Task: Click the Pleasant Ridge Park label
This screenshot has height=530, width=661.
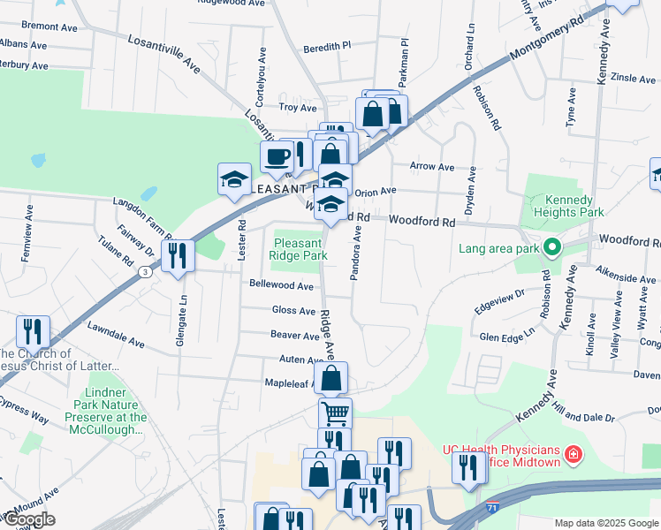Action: coord(300,249)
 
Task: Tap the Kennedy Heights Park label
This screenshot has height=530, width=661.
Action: coord(569,207)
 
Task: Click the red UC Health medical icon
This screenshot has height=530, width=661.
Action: coord(574,456)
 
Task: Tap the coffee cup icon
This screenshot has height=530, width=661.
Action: coord(277,156)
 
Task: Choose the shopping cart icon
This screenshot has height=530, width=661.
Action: coord(335,413)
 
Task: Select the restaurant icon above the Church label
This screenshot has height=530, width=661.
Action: coord(33,331)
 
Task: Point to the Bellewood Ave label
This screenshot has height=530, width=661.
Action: coord(281,286)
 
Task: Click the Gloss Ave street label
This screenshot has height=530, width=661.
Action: coord(293,311)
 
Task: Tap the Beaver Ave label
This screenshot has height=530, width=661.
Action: coord(294,336)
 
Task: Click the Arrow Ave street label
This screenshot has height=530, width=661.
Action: coord(431,166)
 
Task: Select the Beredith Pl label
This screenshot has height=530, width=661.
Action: coord(327,46)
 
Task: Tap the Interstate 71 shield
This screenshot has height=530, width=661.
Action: coord(491,510)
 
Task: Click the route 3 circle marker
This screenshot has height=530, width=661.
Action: coord(143,272)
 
